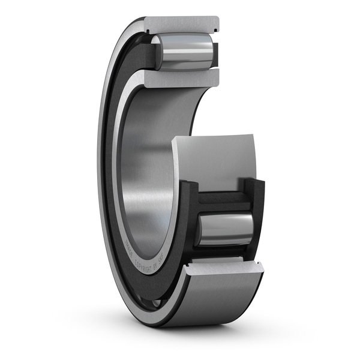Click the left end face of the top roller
coord(157,53)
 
